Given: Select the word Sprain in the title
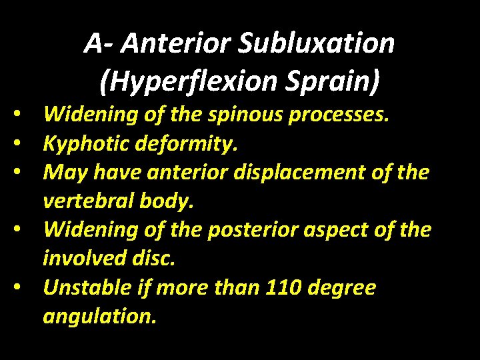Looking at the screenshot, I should coord(339,81).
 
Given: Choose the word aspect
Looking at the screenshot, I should coord(347,231).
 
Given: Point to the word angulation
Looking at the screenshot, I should coord(100,317).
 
